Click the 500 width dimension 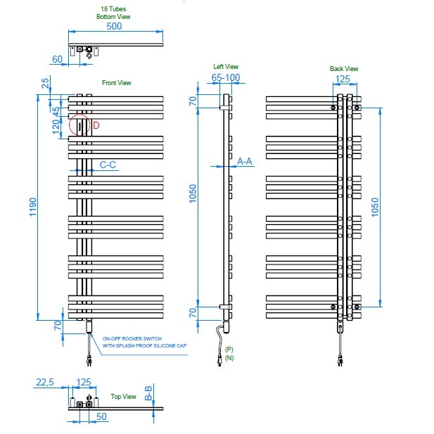point(114,26)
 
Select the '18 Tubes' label point(113,9)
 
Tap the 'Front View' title point(116,83)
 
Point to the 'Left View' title point(226,66)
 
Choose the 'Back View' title point(344,69)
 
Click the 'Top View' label point(123,396)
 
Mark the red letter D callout point(96,125)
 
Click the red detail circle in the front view point(79,115)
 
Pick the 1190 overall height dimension point(33,207)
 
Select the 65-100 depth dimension point(226,77)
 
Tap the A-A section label point(245,161)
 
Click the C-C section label point(108,165)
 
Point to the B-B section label point(148,393)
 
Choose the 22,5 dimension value point(45,382)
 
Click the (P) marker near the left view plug point(229,350)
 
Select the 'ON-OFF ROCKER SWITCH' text point(132,338)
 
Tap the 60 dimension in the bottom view point(57,59)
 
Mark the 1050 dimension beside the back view point(375,207)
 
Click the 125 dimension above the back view point(343,79)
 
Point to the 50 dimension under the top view point(101,416)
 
